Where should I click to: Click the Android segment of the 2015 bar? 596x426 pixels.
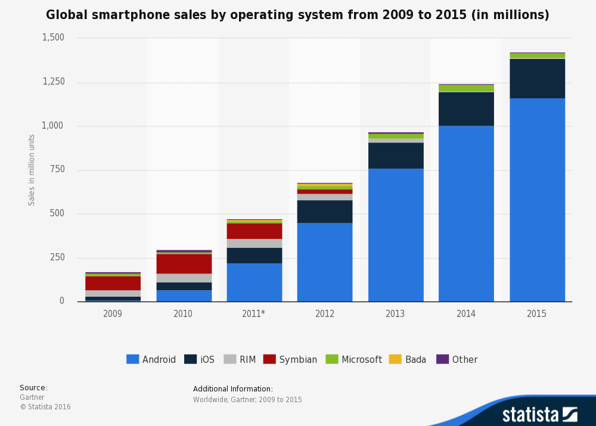(537, 200)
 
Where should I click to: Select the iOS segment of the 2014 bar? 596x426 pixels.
(466, 108)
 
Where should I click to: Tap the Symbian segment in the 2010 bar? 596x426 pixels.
(184, 264)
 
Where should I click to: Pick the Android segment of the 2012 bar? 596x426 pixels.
(325, 262)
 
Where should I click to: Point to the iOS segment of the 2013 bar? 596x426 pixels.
(396, 156)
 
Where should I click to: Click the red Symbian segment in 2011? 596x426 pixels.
(254, 231)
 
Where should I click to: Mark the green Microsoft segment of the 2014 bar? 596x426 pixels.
(466, 88)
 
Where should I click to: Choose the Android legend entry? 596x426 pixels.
(151, 359)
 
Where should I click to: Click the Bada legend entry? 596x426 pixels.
(408, 359)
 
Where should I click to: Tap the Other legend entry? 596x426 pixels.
(457, 359)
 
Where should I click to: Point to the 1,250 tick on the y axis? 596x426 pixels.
(54, 82)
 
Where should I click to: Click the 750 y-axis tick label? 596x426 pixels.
(58, 169)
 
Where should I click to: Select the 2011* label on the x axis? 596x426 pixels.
(254, 313)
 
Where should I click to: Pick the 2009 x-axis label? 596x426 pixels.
(113, 313)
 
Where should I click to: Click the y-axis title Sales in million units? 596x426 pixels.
(32, 170)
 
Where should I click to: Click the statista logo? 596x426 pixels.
(539, 415)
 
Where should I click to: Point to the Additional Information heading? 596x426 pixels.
(233, 389)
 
